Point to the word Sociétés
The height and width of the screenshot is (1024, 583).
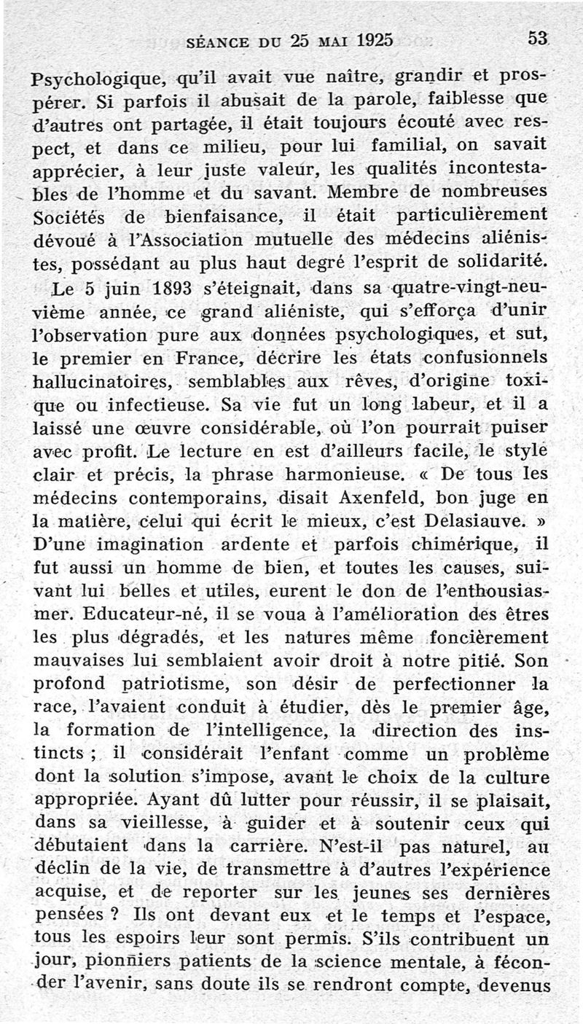71,217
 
